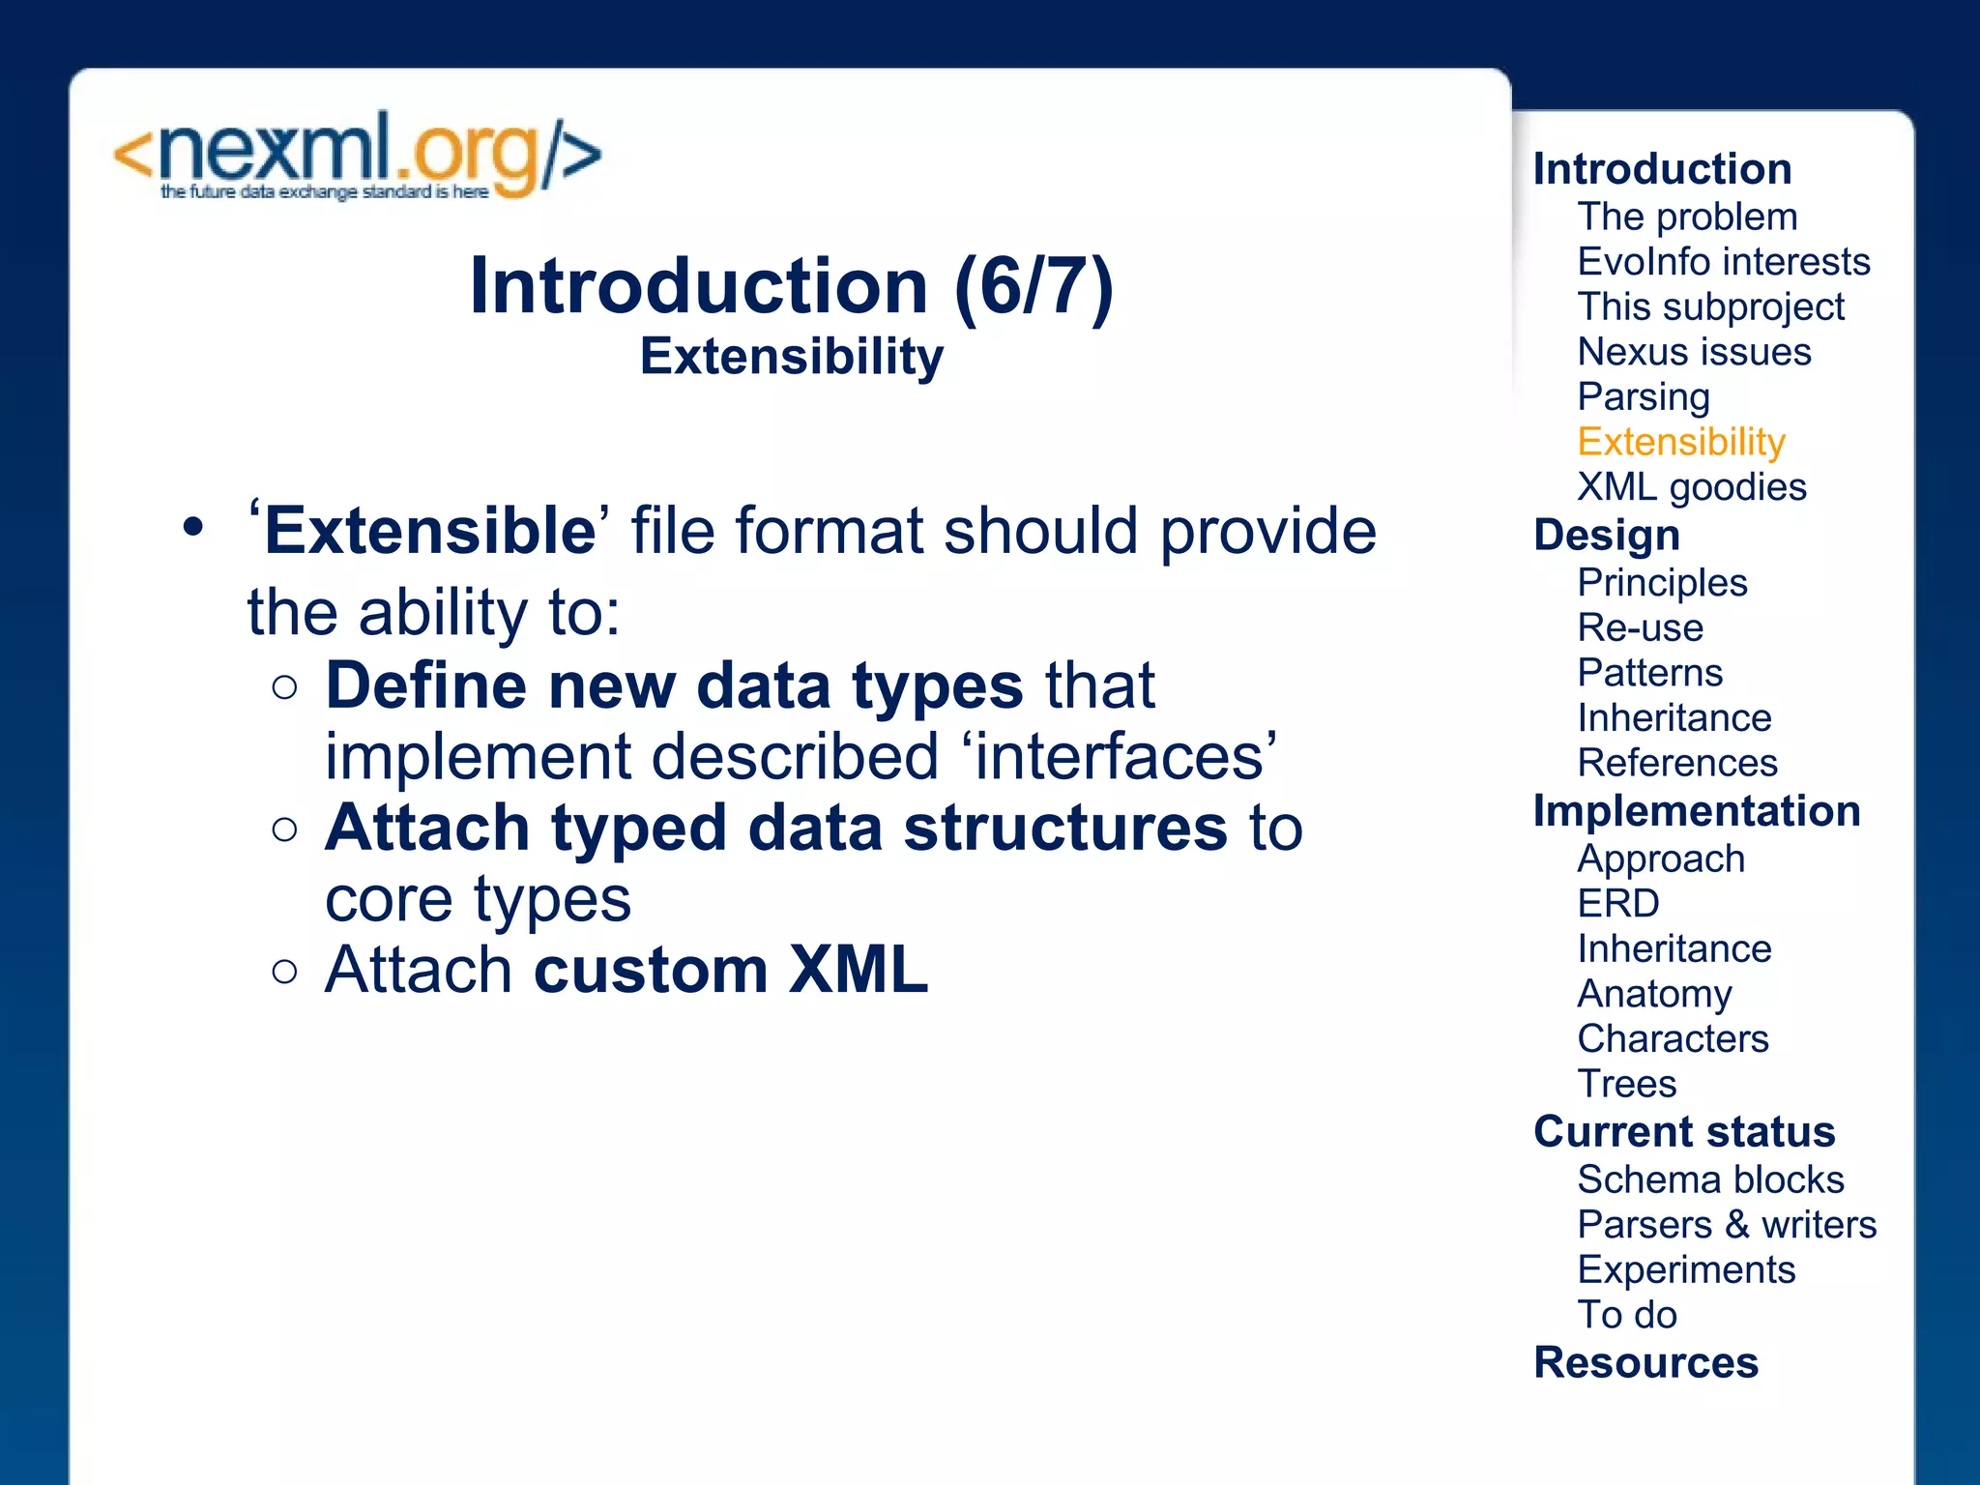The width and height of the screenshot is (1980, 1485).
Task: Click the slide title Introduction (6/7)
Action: point(791,286)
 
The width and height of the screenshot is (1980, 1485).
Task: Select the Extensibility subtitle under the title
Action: point(791,357)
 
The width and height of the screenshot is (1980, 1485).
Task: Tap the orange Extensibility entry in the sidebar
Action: point(1680,442)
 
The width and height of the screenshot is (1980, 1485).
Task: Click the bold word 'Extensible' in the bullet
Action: point(429,531)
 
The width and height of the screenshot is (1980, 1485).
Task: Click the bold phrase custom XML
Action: point(731,970)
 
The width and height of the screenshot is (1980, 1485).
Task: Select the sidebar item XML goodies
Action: point(1691,487)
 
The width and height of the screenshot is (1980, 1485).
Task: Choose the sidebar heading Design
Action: point(1607,535)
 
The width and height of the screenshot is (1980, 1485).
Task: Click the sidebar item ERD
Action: point(1617,904)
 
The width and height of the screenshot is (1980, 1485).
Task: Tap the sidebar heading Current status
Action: point(1683,1131)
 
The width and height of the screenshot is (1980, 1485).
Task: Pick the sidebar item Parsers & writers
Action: point(1726,1225)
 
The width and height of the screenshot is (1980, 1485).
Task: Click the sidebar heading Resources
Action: point(1645,1362)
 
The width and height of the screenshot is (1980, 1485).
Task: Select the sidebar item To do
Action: point(1626,1315)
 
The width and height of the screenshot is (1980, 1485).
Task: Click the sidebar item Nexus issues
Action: point(1694,352)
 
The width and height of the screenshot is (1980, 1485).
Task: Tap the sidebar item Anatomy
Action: point(1654,994)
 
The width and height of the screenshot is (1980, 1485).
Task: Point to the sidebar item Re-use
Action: point(1640,628)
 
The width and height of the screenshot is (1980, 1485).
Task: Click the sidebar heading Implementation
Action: point(1696,811)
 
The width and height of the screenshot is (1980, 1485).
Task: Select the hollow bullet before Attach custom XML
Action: point(284,971)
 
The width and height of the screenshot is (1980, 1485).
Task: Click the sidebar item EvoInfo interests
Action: point(1723,262)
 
